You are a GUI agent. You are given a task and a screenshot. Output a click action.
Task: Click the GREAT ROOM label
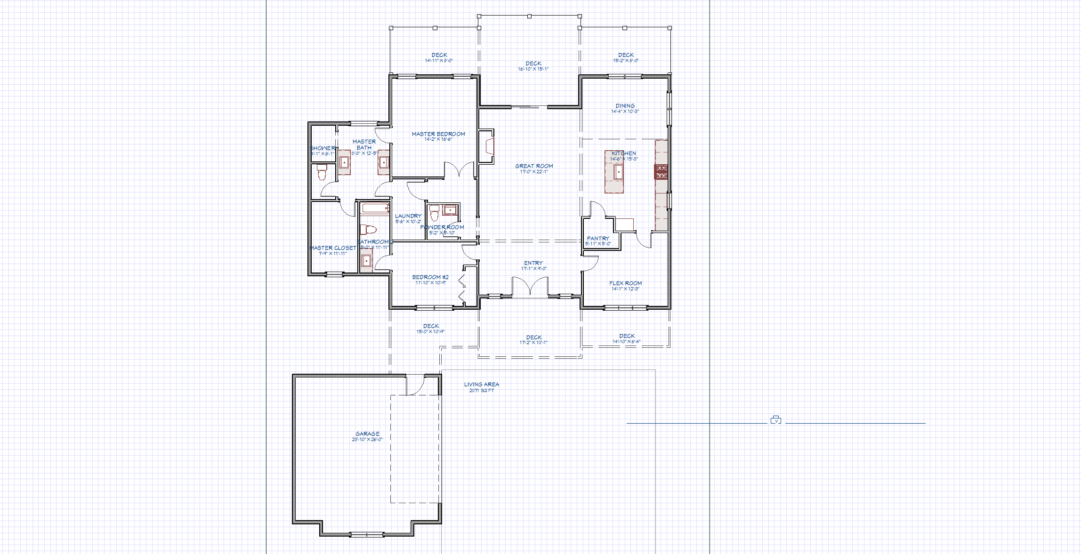(534, 166)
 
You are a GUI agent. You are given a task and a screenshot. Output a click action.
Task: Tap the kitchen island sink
(618, 172)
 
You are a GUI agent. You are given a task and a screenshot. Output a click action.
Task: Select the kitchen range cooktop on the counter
(662, 172)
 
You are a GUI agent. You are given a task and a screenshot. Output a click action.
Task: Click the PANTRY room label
(598, 239)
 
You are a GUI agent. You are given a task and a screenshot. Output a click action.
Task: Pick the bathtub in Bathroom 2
(375, 208)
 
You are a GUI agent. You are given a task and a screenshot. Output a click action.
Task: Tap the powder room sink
(450, 209)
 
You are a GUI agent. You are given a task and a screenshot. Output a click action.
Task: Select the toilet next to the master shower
(322, 173)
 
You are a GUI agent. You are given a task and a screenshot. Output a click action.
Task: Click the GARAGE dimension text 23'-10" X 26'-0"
(367, 440)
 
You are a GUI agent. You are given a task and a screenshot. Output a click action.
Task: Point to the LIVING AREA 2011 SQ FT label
(481, 387)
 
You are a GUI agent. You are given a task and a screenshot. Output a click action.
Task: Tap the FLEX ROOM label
(625, 283)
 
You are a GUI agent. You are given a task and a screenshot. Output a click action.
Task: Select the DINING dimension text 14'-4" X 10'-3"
(625, 112)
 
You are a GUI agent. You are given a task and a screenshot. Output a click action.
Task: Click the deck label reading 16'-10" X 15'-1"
(533, 69)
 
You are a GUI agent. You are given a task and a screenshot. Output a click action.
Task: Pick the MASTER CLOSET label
(333, 248)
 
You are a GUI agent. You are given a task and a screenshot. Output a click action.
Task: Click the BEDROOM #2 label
(430, 277)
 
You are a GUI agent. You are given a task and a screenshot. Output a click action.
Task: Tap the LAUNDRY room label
(408, 216)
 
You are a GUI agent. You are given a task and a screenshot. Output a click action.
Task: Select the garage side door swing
(415, 385)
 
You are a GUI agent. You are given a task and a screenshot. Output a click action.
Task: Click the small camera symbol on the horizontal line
(776, 420)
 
